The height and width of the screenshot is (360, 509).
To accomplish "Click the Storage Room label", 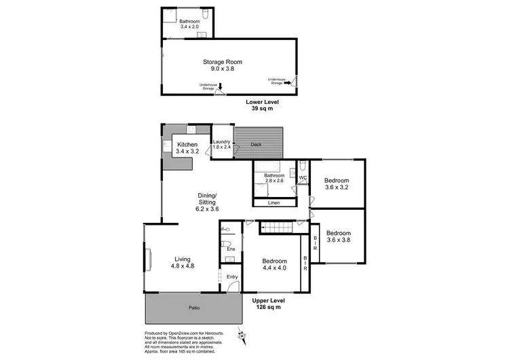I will [x=222, y=62].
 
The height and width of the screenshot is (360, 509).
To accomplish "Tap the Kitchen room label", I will [x=187, y=145].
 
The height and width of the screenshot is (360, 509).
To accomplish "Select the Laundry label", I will [x=222, y=141].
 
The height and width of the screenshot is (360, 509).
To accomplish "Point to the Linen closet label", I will [x=274, y=202].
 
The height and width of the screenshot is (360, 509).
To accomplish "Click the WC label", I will [x=303, y=178].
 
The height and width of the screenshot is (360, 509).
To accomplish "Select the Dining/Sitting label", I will [x=203, y=198].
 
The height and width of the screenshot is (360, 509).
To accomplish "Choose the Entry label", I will [x=232, y=276].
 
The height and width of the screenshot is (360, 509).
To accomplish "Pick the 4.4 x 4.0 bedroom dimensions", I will [x=274, y=269].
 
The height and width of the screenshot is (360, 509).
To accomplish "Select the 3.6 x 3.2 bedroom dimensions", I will [x=337, y=187].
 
